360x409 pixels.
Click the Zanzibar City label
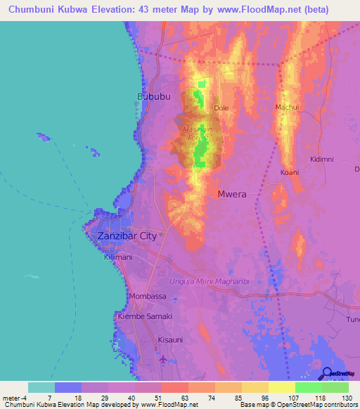[127, 236]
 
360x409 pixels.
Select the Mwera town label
[232, 194]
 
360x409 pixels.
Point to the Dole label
[221, 108]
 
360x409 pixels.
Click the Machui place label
[287, 107]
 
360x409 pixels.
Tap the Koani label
[290, 172]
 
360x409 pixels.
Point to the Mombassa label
[148, 296]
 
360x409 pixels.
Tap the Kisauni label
[170, 339]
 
